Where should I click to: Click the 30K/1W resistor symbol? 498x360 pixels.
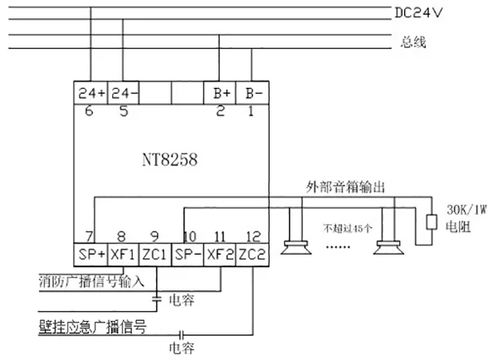point(432,222)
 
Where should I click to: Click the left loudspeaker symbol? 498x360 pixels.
point(294,241)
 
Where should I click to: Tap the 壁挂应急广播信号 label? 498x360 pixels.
point(93,326)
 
